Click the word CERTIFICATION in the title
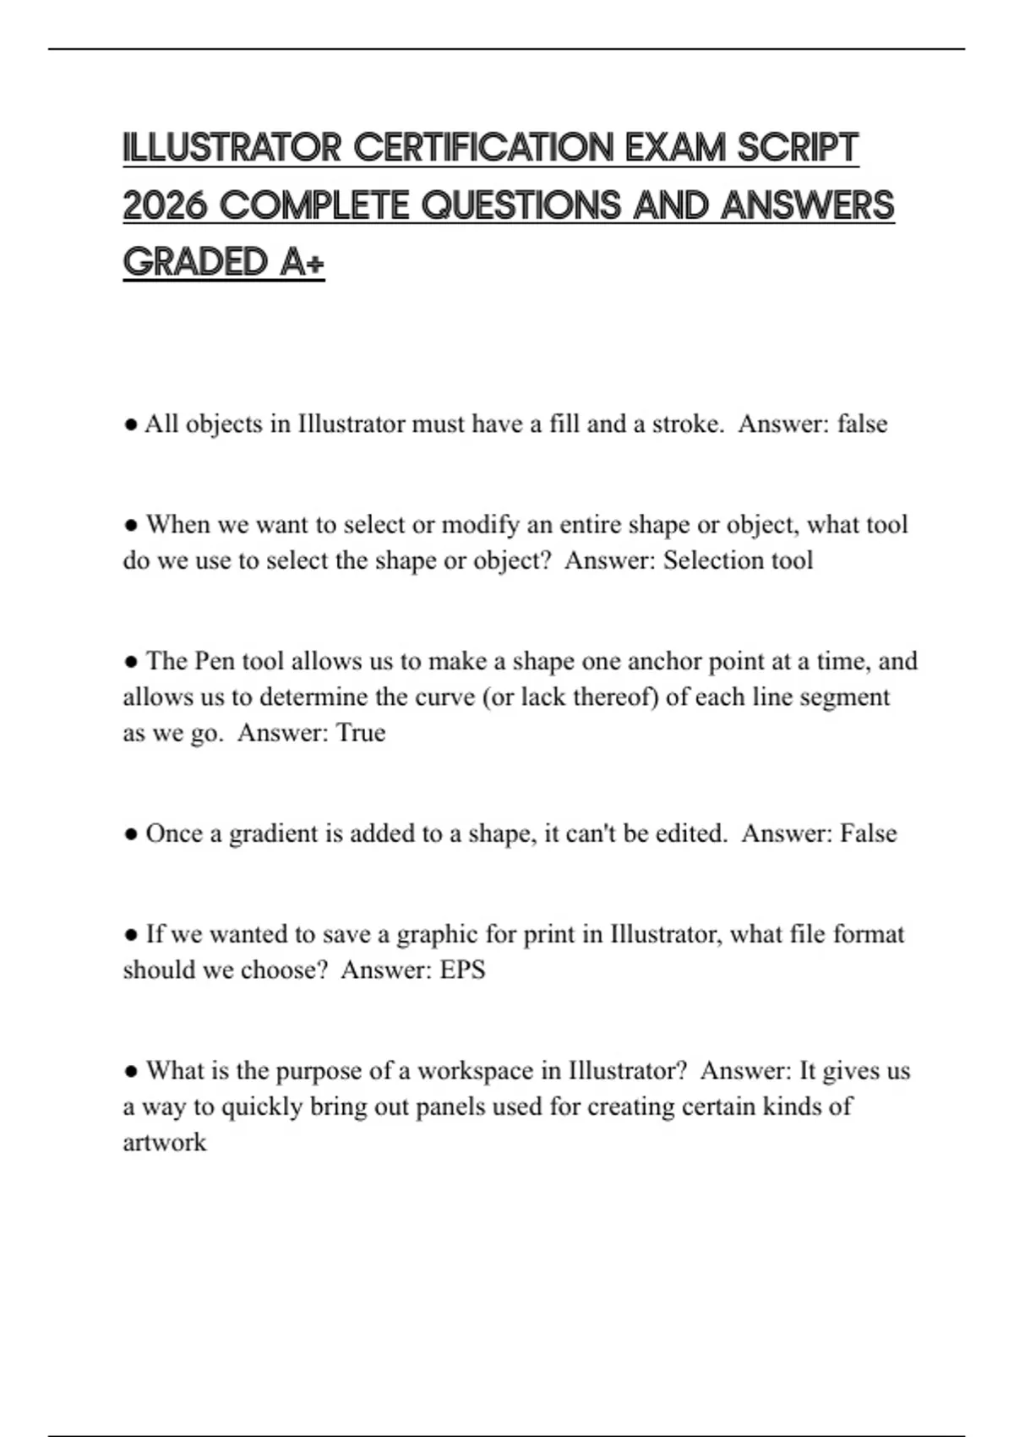(x=484, y=148)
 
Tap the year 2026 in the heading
(x=165, y=205)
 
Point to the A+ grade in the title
(x=302, y=262)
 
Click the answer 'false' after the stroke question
(x=862, y=423)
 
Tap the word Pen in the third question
(x=215, y=661)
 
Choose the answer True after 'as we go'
(x=361, y=733)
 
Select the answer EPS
(x=462, y=970)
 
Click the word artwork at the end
(x=165, y=1143)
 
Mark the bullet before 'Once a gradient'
(x=131, y=834)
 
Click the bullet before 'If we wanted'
(x=131, y=935)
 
